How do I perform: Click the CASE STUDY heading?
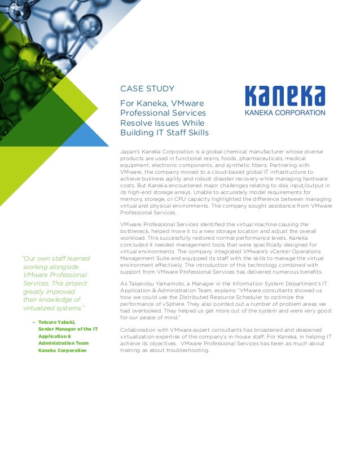(147, 89)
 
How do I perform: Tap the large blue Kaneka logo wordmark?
(284, 96)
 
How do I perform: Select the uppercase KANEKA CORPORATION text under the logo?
(284, 112)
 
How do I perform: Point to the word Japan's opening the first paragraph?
(130, 152)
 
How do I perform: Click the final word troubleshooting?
(186, 350)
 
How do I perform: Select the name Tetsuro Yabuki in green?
(57, 322)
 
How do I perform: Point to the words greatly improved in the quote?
(49, 292)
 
